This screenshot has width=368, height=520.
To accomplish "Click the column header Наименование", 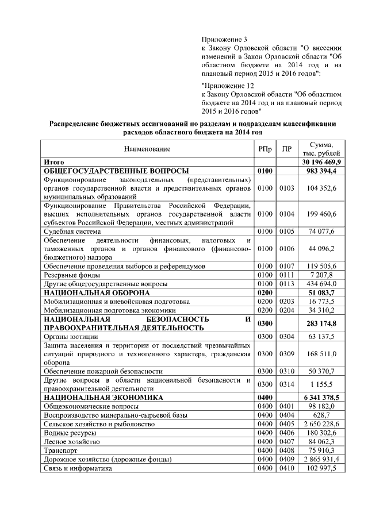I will (x=148, y=149).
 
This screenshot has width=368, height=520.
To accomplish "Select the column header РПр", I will (x=265, y=149).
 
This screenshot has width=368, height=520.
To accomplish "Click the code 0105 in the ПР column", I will (x=286, y=232).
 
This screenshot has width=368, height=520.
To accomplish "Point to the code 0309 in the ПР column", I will (x=286, y=353).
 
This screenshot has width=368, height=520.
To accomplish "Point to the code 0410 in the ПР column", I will (x=286, y=468).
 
